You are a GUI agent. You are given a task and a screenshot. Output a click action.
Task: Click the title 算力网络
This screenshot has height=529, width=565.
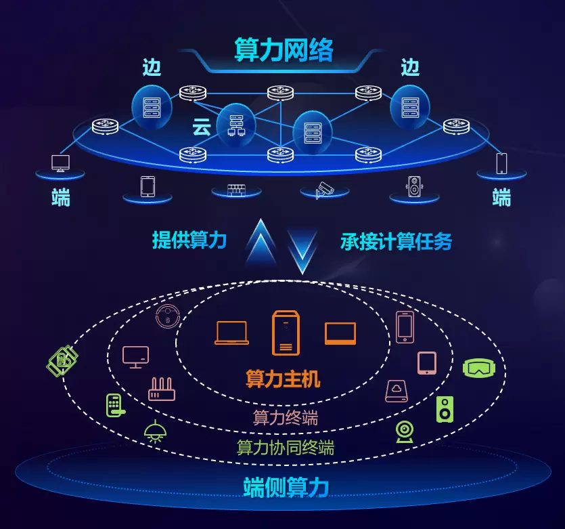tap(284, 49)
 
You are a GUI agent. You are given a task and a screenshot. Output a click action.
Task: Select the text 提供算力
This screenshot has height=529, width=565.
tap(189, 240)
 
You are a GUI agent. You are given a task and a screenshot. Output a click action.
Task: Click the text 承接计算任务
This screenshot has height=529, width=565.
tap(397, 241)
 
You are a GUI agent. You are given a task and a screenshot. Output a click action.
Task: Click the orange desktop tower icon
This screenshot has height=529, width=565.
tap(285, 332)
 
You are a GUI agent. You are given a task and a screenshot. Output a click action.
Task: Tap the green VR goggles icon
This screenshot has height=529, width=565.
tap(479, 367)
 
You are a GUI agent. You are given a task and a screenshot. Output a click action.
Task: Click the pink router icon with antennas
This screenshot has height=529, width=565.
tap(162, 389)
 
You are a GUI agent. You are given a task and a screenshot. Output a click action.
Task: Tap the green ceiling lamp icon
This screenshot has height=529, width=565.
tap(156, 431)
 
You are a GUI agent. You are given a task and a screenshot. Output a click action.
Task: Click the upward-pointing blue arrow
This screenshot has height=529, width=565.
tap(261, 245)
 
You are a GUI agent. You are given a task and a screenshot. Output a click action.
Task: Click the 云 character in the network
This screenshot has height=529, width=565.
tap(202, 127)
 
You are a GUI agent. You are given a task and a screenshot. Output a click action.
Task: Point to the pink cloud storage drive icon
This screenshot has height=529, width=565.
tap(396, 391)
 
